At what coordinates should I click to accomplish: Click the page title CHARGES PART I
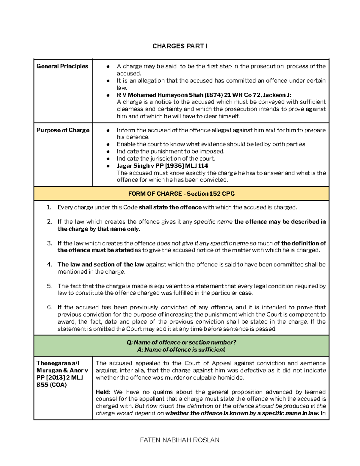180,46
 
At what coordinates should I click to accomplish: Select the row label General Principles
62,66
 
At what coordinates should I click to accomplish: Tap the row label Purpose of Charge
63,130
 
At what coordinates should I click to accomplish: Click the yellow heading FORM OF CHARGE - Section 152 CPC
181,194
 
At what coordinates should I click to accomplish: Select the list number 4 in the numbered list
50,265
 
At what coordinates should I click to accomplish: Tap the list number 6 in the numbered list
50,307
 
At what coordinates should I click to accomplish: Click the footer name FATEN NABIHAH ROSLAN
180,440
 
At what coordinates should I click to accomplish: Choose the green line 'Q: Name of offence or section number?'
181,342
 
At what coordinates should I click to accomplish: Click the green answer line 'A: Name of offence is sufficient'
181,350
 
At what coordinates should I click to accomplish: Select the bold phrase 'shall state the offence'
170,207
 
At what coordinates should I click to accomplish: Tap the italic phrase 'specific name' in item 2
213,222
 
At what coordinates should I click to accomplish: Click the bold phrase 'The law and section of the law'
101,265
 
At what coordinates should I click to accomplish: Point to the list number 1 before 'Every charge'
49,207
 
